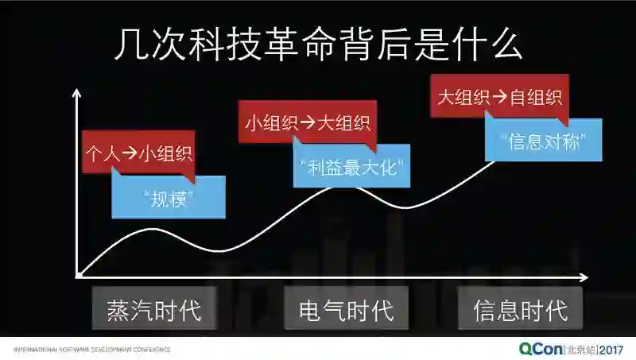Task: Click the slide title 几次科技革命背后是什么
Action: pyautogui.click(x=318, y=45)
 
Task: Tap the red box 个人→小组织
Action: pyautogui.click(x=138, y=153)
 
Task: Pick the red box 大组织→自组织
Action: pyautogui.click(x=500, y=98)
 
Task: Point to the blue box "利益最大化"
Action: pyautogui.click(x=352, y=168)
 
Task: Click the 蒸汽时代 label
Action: pyautogui.click(x=154, y=309)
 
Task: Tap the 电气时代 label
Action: pyautogui.click(x=346, y=309)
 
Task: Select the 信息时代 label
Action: pyautogui.click(x=520, y=309)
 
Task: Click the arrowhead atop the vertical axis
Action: pyautogui.click(x=76, y=92)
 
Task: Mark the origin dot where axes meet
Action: pyautogui.click(x=78, y=276)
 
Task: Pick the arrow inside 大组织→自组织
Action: pyautogui.click(x=500, y=98)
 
